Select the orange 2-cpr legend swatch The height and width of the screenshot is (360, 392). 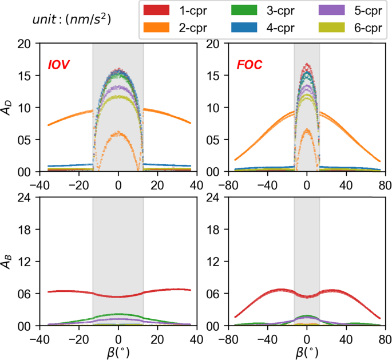point(159,26)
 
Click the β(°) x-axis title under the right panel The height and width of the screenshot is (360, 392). point(306,350)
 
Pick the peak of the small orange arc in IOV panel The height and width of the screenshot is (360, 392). point(118,133)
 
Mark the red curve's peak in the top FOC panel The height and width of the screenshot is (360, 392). point(307,65)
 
